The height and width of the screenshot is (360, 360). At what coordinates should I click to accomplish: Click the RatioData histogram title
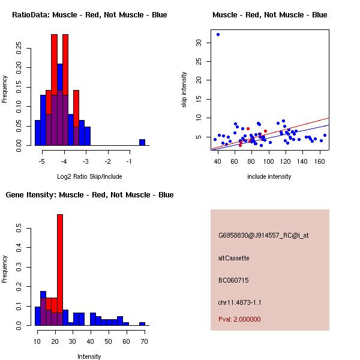[89, 14]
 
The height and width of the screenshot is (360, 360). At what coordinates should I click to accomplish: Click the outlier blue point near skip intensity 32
[218, 35]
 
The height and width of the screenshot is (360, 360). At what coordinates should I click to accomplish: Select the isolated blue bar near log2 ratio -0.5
[142, 142]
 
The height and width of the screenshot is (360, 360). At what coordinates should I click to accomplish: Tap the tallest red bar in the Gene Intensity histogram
[59, 269]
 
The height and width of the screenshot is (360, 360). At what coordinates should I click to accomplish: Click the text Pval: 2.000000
[239, 319]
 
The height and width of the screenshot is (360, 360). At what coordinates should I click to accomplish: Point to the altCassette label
[233, 258]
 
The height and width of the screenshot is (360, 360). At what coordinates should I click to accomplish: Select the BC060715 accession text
[233, 280]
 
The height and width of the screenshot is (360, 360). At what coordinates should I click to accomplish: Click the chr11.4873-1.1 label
[239, 302]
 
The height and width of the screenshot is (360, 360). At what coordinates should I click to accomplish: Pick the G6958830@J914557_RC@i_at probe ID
[263, 236]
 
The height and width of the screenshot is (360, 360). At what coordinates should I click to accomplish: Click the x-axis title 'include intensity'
[269, 176]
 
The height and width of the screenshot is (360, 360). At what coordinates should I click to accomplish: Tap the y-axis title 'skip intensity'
[184, 90]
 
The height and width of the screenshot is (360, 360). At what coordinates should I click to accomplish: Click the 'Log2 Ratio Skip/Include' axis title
[89, 176]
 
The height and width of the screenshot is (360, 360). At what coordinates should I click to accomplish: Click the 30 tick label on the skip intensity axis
[199, 43]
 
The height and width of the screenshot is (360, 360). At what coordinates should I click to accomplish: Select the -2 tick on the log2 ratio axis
[108, 161]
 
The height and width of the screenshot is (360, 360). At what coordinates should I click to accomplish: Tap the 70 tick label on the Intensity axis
[144, 341]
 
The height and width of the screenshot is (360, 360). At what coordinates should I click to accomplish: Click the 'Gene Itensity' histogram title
[89, 195]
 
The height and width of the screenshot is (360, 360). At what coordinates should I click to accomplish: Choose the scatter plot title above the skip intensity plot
[269, 14]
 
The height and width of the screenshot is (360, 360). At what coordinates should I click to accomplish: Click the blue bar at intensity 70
[142, 323]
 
